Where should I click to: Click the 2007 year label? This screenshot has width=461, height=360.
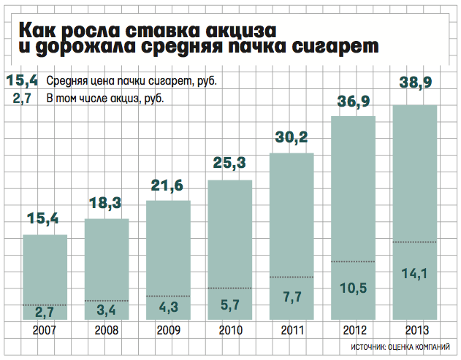(45, 329)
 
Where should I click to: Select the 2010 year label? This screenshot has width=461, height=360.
(230, 329)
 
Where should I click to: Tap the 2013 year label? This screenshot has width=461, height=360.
(415, 329)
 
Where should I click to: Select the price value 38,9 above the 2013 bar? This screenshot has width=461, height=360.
(415, 85)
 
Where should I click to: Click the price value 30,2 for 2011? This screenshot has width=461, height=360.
(292, 137)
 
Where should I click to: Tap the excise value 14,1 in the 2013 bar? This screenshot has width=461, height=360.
(415, 274)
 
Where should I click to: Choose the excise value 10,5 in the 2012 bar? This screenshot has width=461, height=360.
(353, 288)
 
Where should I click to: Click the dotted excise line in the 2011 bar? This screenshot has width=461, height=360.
(292, 277)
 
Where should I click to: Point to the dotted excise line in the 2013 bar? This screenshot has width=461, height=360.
(415, 242)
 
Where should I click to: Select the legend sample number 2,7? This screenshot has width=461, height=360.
(23, 98)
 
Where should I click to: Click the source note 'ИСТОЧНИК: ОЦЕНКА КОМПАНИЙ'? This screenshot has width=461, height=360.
(405, 346)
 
